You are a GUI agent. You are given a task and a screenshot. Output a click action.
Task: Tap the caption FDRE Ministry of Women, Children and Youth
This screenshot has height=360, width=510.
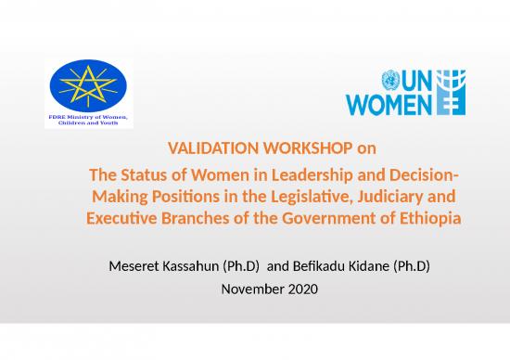coord(89,122)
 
